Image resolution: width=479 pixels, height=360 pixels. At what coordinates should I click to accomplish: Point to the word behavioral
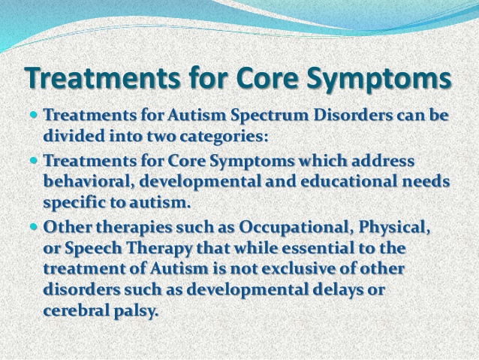pyautogui.click(x=89, y=181)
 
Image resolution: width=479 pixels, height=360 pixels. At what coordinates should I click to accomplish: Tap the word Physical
pyautogui.click(x=394, y=228)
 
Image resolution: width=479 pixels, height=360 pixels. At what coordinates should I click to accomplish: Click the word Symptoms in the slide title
pyautogui.click(x=379, y=77)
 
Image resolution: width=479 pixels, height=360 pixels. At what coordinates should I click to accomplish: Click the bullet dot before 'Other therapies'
pyautogui.click(x=34, y=227)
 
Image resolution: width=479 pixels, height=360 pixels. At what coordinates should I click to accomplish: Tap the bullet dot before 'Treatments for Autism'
pyautogui.click(x=34, y=115)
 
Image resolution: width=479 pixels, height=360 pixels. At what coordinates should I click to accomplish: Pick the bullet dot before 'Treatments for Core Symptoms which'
pyautogui.click(x=34, y=160)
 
